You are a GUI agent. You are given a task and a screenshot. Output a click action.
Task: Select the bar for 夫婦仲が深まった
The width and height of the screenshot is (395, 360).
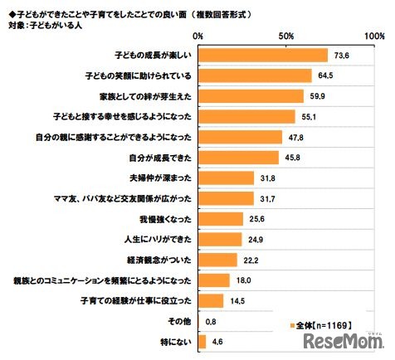(x=227, y=178)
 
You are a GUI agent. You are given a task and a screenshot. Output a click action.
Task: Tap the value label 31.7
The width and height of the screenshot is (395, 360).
(x=267, y=198)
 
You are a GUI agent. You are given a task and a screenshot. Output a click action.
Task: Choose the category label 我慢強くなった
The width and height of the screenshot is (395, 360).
(x=169, y=218)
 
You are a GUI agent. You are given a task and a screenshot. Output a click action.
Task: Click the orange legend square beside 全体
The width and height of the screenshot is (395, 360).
(x=295, y=325)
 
